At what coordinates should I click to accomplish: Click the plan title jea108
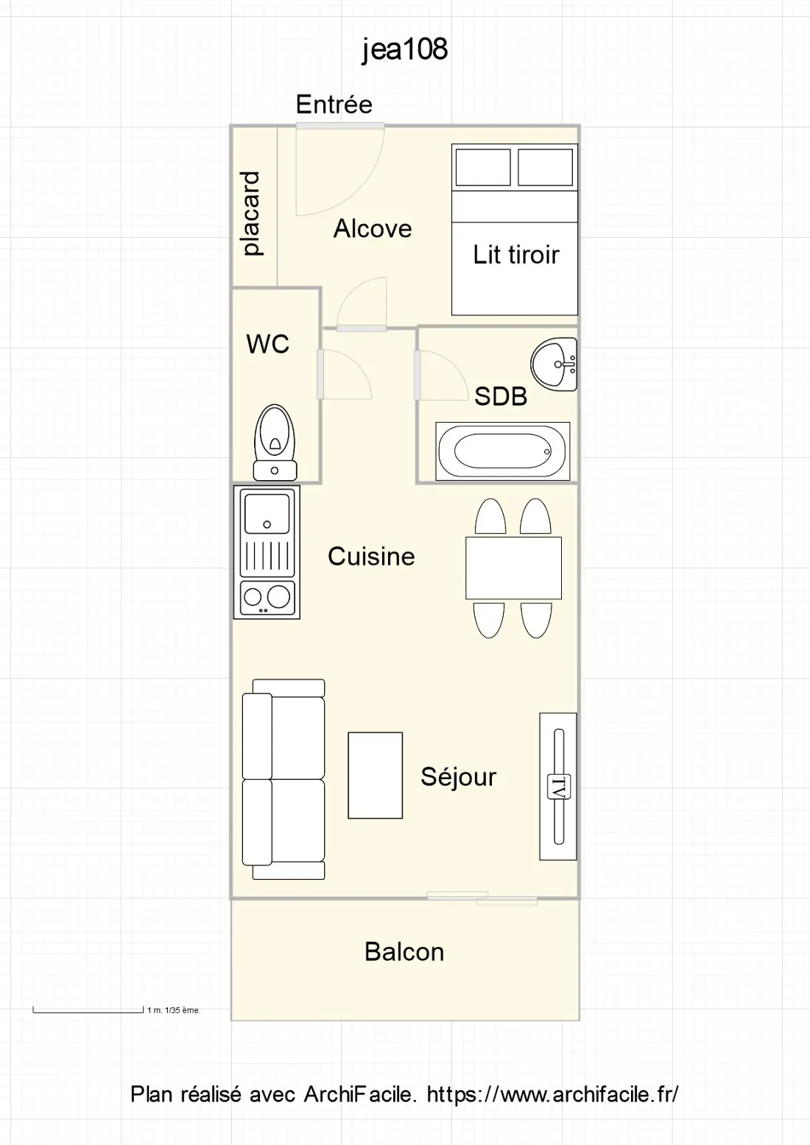point(405,50)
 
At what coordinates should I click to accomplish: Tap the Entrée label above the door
point(334,105)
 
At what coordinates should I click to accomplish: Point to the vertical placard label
point(251,214)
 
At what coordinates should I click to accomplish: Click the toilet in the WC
point(275,443)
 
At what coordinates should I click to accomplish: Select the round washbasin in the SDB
point(554,364)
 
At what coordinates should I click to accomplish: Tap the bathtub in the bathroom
point(502,451)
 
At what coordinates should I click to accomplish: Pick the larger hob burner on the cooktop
point(278,596)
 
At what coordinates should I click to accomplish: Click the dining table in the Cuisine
point(513,568)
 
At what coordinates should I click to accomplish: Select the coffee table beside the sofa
point(375,775)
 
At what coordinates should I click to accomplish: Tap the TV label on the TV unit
point(559,786)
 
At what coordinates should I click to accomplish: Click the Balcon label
point(404,952)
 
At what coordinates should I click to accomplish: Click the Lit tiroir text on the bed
point(515,255)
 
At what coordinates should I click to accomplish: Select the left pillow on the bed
point(483,167)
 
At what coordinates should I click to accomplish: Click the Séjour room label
point(458,778)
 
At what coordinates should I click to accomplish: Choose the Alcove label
point(373,228)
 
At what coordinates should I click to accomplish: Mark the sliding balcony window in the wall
point(482,898)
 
